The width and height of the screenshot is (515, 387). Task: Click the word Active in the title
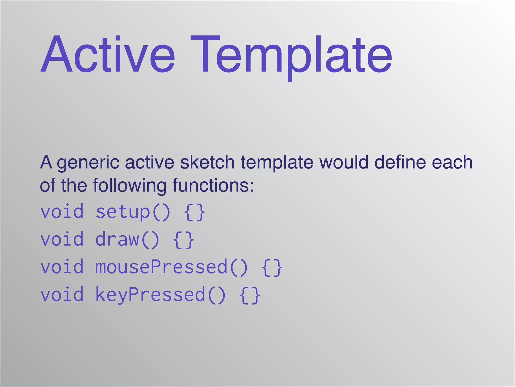(x=108, y=54)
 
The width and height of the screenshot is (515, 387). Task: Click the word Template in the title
(x=291, y=55)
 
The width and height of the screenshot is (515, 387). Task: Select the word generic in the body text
(x=88, y=163)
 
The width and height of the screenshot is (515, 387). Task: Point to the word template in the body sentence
(x=277, y=163)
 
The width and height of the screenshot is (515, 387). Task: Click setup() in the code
(x=133, y=212)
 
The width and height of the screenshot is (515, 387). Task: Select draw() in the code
(x=127, y=240)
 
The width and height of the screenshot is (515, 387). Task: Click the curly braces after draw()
(x=184, y=240)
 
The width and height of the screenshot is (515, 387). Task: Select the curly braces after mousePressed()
(x=272, y=268)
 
